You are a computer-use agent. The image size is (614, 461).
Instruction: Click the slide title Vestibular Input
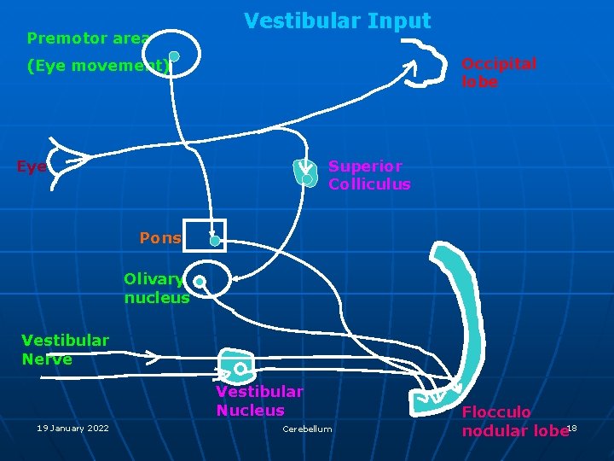338,20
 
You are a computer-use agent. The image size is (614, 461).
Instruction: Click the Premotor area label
88,38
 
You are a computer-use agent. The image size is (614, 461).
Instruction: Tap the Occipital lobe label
499,73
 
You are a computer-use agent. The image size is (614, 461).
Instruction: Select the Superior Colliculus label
369,175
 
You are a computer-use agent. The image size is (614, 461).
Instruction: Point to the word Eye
32,167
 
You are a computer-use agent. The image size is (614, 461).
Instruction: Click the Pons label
160,238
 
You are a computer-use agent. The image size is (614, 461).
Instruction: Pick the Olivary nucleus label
156,289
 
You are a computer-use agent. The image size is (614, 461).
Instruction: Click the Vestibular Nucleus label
259,401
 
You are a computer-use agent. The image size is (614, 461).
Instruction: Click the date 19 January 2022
72,429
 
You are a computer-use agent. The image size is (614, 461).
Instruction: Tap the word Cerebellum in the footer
307,429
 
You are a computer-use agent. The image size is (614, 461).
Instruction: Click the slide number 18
572,428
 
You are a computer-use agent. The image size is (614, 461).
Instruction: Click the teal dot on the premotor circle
174,57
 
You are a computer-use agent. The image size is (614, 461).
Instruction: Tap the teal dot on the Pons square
215,241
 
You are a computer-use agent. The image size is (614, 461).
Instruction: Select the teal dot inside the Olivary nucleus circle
199,281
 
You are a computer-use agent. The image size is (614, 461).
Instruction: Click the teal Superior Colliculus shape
305,173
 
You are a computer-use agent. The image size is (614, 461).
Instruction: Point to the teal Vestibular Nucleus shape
236,365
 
